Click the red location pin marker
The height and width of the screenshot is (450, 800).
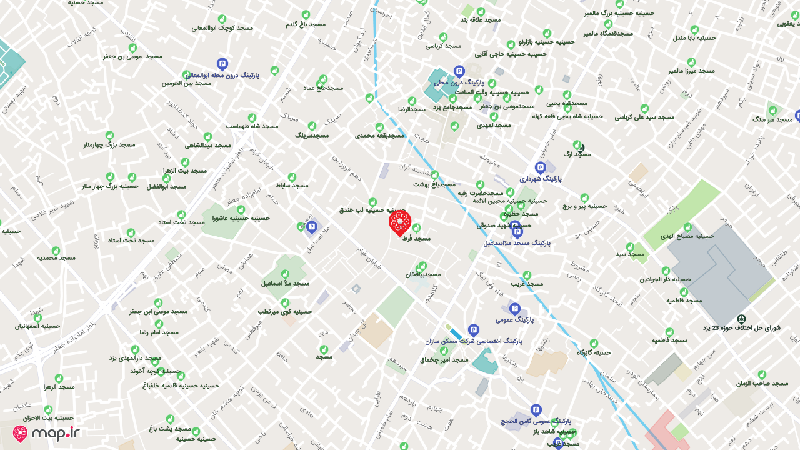[400, 222]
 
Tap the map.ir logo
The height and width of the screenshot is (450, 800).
[47, 434]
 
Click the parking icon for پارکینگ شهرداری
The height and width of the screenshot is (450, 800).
[541, 167]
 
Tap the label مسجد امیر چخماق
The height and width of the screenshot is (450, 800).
[444, 359]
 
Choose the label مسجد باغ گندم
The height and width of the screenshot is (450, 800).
[306, 24]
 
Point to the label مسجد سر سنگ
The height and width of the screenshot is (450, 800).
[771, 118]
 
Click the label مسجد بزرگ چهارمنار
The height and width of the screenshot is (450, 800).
[109, 144]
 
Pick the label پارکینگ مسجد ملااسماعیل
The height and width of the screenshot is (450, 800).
[517, 242]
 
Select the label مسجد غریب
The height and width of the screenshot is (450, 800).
[527, 283]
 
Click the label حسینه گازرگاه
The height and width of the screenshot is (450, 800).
[594, 352]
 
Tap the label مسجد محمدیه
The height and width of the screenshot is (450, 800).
[56, 257]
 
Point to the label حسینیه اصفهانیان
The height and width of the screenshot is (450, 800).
[37, 326]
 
